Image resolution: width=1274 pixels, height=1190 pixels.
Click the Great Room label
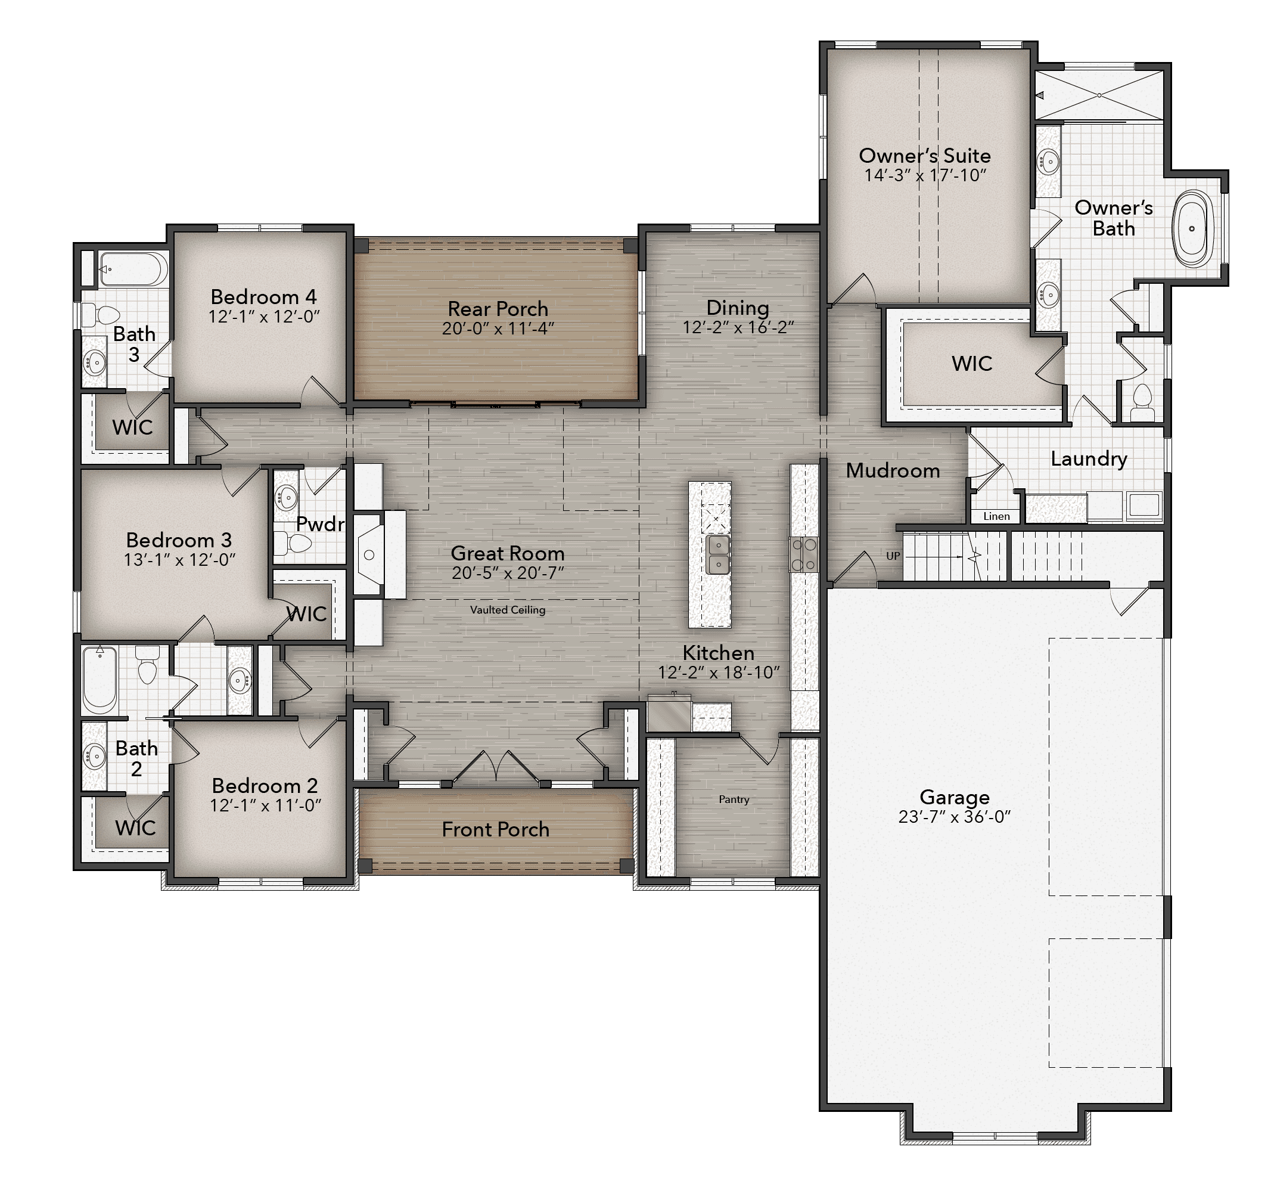click(508, 553)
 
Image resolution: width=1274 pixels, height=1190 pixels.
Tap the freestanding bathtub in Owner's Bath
click(1192, 228)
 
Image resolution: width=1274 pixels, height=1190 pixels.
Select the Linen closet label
click(996, 516)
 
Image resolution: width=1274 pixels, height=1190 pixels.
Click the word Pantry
click(734, 799)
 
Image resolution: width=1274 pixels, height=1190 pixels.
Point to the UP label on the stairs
click(893, 556)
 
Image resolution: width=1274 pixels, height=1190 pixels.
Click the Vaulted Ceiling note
click(508, 610)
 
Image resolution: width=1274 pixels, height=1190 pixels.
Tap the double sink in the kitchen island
click(718, 554)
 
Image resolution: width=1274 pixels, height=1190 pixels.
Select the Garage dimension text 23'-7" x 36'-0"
click(954, 817)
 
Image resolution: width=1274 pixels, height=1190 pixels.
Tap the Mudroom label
click(893, 470)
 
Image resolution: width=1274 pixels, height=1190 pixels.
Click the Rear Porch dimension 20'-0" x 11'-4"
click(498, 329)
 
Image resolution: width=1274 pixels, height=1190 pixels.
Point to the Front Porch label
click(495, 830)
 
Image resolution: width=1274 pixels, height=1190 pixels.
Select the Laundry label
click(1089, 459)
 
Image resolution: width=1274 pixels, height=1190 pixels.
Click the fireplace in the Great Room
click(370, 554)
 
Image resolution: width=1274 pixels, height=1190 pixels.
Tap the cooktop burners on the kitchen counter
click(804, 554)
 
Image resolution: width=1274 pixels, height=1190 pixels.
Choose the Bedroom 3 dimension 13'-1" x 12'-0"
click(179, 560)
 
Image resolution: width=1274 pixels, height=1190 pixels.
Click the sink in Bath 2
click(94, 757)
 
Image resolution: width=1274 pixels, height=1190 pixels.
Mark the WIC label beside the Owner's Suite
click(972, 364)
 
